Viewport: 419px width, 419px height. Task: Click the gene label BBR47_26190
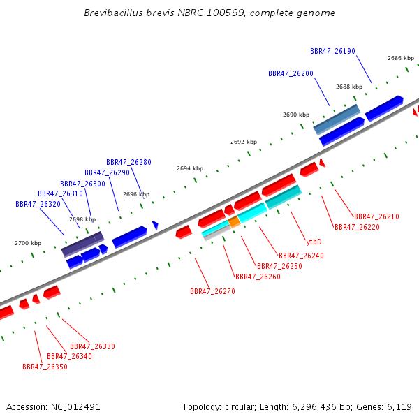[332, 51]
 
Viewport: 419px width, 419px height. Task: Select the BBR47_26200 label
[291, 73]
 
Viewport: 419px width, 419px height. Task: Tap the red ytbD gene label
[314, 242]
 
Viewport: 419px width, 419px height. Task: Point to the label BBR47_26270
[212, 291]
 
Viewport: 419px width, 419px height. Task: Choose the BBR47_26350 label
[45, 367]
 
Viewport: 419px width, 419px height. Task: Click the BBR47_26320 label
[38, 204]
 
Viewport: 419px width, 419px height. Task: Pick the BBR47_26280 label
[128, 162]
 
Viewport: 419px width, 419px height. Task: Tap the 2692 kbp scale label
[244, 142]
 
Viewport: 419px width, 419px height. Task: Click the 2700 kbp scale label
[28, 243]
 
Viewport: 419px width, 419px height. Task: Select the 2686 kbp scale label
[401, 58]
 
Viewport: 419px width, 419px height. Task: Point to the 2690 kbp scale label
[296, 115]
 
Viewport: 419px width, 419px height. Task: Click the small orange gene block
[234, 222]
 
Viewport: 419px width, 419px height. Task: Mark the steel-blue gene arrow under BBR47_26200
[337, 119]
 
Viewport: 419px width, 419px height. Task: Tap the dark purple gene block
[82, 244]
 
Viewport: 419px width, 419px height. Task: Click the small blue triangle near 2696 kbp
[155, 225]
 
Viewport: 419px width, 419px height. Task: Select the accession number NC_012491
[75, 407]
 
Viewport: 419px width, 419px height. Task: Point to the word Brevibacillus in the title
[113, 13]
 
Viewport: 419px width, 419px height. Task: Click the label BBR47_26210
[376, 216]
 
